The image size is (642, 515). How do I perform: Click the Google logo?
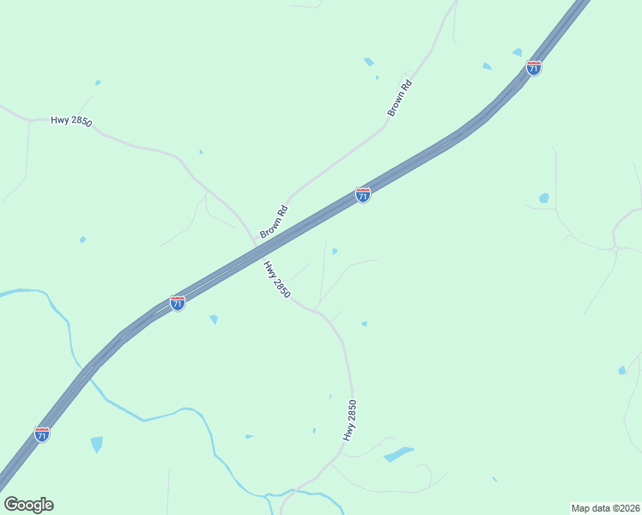pos(28,505)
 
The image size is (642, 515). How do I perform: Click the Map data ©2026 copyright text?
pos(605,507)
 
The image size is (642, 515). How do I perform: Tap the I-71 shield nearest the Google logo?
pos(41,433)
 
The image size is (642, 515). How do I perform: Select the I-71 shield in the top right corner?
pos(534,68)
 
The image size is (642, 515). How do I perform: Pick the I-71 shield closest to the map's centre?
pos(363,195)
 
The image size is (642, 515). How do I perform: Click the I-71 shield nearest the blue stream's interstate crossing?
pos(41,433)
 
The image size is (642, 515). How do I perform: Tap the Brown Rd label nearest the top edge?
pos(401,98)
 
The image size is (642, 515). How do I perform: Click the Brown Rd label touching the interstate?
pos(274,222)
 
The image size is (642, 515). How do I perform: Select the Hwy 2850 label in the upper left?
pos(71,121)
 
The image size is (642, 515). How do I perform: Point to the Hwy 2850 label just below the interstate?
pos(277,280)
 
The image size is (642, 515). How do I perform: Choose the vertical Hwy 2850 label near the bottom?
pos(349,421)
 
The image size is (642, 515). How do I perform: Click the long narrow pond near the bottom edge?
pos(398,453)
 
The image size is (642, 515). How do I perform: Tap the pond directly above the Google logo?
pos(96,444)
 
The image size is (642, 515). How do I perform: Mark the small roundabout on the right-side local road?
pos(616,249)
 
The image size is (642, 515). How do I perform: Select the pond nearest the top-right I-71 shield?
pos(518,52)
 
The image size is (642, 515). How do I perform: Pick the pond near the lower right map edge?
pos(621,371)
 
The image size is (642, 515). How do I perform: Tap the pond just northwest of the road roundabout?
pos(544,198)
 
